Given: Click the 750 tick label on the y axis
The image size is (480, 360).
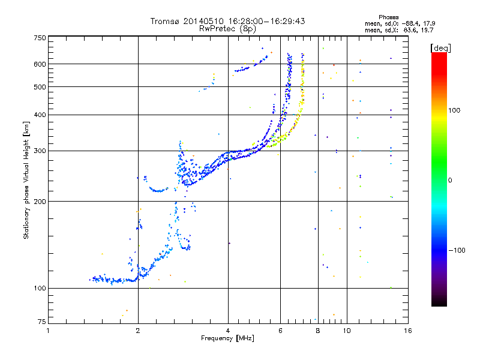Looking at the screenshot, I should (x=40, y=38).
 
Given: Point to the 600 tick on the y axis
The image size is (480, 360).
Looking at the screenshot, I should (x=40, y=64).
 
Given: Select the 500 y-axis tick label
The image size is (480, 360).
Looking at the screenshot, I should (x=40, y=87).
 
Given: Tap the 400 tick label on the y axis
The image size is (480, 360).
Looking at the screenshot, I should (x=40, y=115).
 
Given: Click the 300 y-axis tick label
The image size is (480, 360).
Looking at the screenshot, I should (x=40, y=151).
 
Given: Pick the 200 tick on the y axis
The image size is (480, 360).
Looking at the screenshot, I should (x=40, y=201).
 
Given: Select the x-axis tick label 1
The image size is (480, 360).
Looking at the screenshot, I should (x=49, y=331).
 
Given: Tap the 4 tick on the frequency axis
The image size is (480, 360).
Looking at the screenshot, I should (x=228, y=331).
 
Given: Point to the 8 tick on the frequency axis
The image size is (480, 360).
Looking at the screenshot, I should (x=317, y=331).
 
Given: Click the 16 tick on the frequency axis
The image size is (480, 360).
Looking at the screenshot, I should (x=407, y=331).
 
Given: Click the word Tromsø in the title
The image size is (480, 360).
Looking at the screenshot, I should (x=166, y=21).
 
